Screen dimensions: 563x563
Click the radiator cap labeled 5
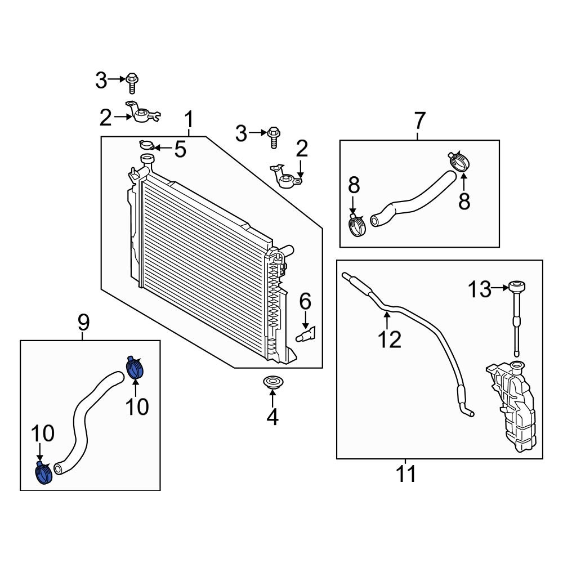pos(146,146)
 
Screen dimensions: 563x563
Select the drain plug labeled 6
pos(305,336)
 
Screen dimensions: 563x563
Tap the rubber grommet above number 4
pos(272,383)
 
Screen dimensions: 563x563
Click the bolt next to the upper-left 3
pos(133,82)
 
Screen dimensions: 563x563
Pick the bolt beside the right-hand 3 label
pos(274,135)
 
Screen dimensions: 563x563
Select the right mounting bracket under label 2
pos(287,178)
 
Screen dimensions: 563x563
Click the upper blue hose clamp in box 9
pos(134,368)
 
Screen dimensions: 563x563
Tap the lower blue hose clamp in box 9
pos(44,472)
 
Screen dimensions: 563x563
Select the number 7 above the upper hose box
pos(420,121)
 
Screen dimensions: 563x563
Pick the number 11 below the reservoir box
pos(406,473)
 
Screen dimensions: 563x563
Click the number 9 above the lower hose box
pos(83,323)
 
